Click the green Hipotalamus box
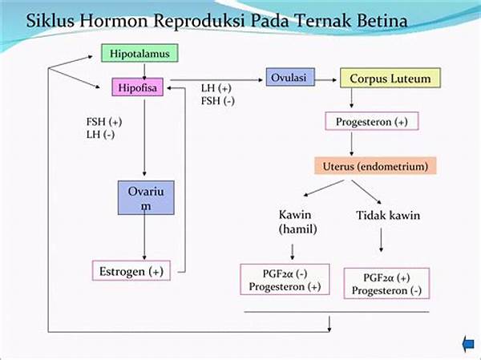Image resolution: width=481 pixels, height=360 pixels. coord(139,53)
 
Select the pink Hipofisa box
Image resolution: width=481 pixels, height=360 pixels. coord(137,87)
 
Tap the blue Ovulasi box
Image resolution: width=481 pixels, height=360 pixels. coord(290,77)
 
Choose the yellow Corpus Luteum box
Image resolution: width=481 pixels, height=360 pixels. coord(390,79)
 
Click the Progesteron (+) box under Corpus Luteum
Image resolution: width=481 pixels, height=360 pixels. coord(372,121)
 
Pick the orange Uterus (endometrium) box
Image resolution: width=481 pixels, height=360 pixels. coord(375,166)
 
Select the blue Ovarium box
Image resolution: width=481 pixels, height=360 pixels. coord(146,198)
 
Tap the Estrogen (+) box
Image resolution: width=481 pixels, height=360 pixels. coord(131,271)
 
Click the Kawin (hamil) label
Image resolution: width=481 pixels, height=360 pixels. coord(297,221)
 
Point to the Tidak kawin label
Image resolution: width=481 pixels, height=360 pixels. coord(388,215)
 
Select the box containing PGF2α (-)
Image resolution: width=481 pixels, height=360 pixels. coord(285,279)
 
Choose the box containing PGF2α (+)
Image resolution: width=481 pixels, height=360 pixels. coord(386,284)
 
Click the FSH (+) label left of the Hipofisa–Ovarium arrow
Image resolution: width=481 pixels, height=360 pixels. coord(104,122)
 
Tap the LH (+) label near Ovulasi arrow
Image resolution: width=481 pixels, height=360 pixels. coord(216,88)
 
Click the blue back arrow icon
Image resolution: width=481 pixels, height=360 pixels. coord(468,344)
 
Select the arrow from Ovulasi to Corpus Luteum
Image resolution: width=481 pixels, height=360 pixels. coord(325,80)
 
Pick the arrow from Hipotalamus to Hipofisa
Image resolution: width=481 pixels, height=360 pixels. coord(144,71)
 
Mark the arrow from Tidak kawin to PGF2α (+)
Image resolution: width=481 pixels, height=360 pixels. coord(381,240)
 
